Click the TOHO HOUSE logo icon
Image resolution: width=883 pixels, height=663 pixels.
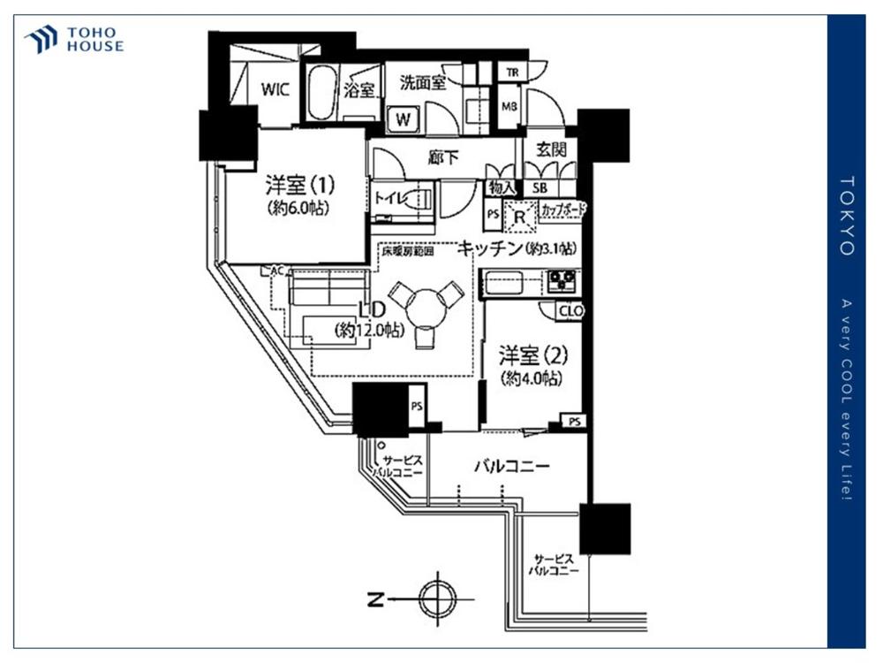[x=42, y=40]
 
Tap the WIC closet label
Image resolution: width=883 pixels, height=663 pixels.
[x=275, y=89]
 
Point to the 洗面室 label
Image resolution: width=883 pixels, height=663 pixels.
[x=421, y=84]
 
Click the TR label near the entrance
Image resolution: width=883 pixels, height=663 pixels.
[x=510, y=72]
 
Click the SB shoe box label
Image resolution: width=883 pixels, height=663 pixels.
[x=539, y=187]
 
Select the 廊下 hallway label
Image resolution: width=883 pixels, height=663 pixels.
[x=441, y=157]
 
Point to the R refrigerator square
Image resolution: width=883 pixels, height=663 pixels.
[x=520, y=215]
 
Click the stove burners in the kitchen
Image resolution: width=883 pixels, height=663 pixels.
[x=561, y=282]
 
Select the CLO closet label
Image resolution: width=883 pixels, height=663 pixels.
[x=570, y=311]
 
